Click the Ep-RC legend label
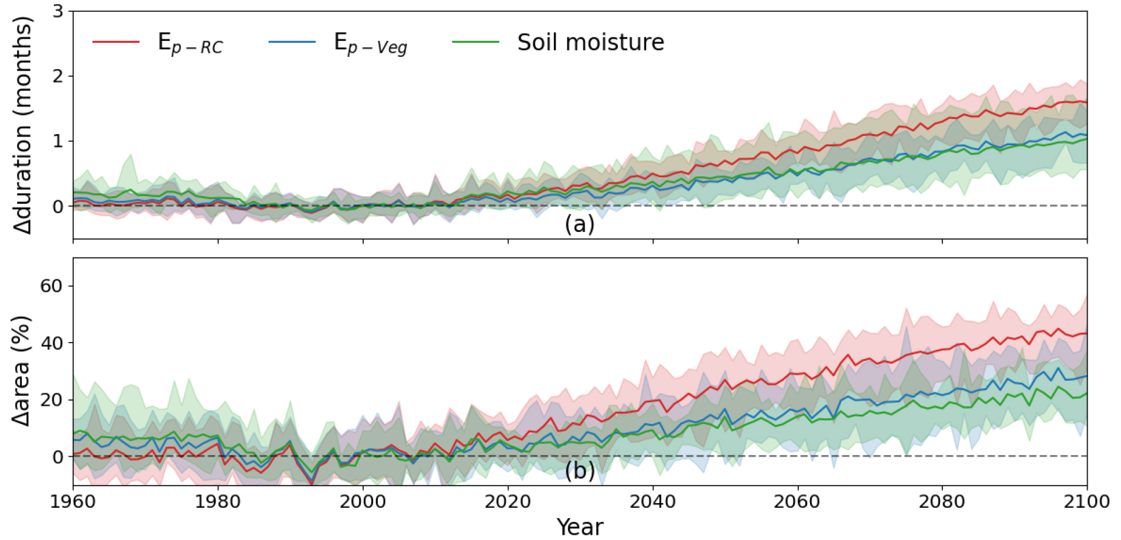(190, 43)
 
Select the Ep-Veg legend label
(370, 43)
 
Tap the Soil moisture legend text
(590, 42)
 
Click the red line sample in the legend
(116, 42)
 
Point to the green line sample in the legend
(476, 42)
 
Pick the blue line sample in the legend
(292, 42)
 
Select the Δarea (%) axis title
(21, 371)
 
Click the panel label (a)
(579, 224)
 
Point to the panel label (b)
(579, 470)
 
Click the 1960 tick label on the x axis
(73, 502)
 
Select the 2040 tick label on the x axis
(652, 502)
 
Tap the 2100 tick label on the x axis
(1086, 502)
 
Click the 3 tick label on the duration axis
(58, 11)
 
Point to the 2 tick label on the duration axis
(58, 76)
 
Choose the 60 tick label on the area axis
(52, 286)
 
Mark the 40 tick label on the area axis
(52, 343)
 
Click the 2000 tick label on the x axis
(363, 502)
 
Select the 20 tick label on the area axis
(52, 399)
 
